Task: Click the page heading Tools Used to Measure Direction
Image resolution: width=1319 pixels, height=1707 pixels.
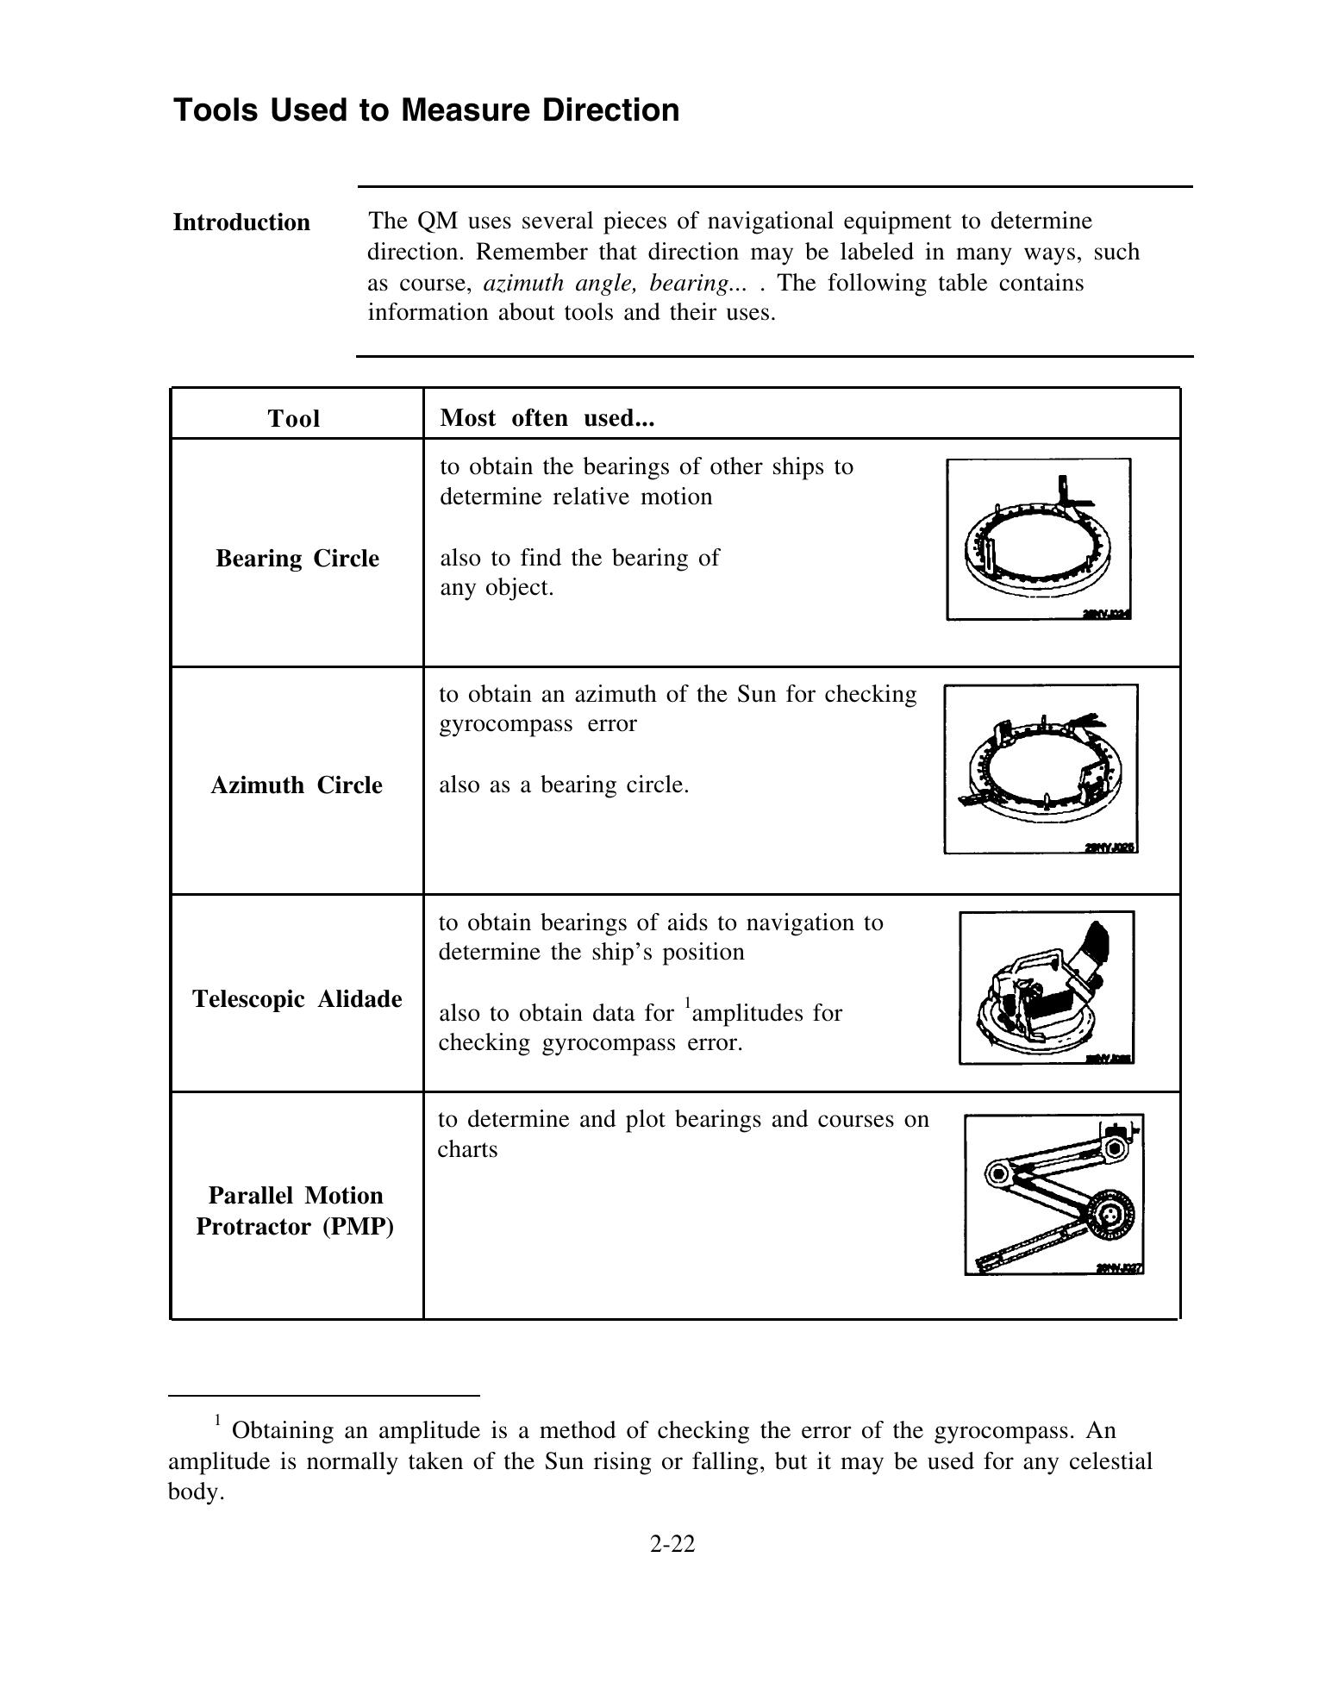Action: [x=426, y=110]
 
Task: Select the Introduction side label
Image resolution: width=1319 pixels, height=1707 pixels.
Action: [x=241, y=222]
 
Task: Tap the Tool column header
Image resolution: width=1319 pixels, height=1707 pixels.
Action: [x=294, y=419]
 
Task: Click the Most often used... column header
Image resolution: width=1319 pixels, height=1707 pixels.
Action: [x=547, y=418]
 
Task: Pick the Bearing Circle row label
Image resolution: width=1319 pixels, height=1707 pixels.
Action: [x=297, y=559]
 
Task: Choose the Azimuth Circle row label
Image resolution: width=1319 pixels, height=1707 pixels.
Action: [x=297, y=785]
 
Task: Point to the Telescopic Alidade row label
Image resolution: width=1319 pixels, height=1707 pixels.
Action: [x=297, y=999]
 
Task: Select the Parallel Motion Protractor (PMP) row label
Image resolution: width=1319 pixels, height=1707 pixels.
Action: [x=296, y=1211]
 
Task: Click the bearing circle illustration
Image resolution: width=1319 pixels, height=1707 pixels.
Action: [x=1039, y=539]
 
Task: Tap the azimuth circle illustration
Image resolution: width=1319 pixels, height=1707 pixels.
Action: [x=1041, y=768]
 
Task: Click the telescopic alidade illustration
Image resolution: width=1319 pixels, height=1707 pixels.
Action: [x=1047, y=988]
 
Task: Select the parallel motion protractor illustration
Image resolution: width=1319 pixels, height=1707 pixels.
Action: [x=1054, y=1195]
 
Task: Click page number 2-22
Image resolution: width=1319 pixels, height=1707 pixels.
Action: [x=672, y=1543]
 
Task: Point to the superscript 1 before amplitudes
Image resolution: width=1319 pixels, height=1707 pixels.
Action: [x=688, y=1002]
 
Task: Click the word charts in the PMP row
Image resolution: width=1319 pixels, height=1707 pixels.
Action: [x=468, y=1150]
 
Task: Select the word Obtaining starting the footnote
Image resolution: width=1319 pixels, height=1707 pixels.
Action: [x=283, y=1431]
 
